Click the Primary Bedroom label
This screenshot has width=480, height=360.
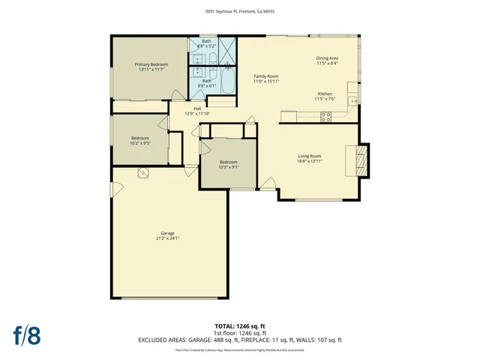[151, 65]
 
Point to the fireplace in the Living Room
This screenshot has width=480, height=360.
[361, 160]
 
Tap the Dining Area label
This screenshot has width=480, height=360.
[326, 58]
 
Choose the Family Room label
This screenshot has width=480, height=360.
[265, 76]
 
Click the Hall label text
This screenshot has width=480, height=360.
[197, 108]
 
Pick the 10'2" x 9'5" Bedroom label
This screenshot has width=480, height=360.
[140, 138]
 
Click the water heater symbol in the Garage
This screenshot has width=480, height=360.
[142, 173]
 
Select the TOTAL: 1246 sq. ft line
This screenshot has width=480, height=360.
[239, 326]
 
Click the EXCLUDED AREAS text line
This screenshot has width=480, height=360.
[239, 340]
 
